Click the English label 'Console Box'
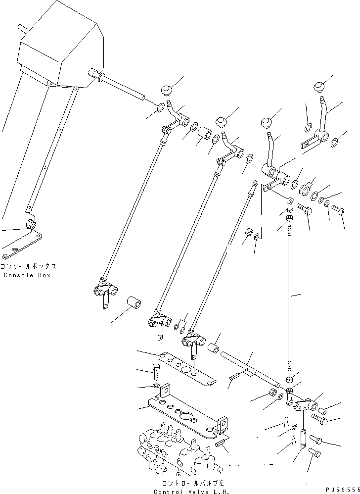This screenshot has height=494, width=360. coord(27,275)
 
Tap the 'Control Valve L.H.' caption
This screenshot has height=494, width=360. coord(184,491)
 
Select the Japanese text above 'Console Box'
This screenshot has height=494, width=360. coord(30,266)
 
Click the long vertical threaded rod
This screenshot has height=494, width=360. coord(291,297)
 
